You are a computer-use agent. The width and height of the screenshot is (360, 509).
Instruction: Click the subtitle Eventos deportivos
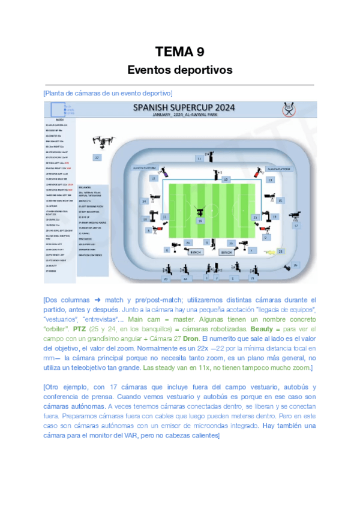pyautogui.click(x=179, y=70)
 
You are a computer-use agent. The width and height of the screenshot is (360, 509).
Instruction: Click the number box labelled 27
pyautogui.click(x=96, y=157)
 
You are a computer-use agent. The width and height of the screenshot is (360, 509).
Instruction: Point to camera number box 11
pyautogui.click(x=199, y=158)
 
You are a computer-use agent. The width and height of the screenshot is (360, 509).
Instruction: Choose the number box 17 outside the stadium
pyautogui.click(x=295, y=226)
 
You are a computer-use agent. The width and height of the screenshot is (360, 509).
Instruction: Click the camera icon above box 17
pyautogui.click(x=295, y=215)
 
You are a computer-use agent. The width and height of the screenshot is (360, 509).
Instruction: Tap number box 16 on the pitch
pyautogui.click(x=200, y=221)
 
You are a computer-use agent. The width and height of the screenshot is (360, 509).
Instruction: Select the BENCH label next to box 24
pyautogui.click(x=196, y=253)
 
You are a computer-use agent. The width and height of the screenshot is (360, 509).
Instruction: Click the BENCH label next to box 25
pyautogui.click(x=226, y=253)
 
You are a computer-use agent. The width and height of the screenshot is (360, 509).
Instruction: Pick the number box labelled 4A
pyautogui.click(x=185, y=279)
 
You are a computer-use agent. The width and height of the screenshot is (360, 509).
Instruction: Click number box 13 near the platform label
pyautogui.click(x=270, y=179)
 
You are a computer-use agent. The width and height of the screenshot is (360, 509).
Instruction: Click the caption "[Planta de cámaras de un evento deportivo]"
pyautogui.click(x=108, y=92)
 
